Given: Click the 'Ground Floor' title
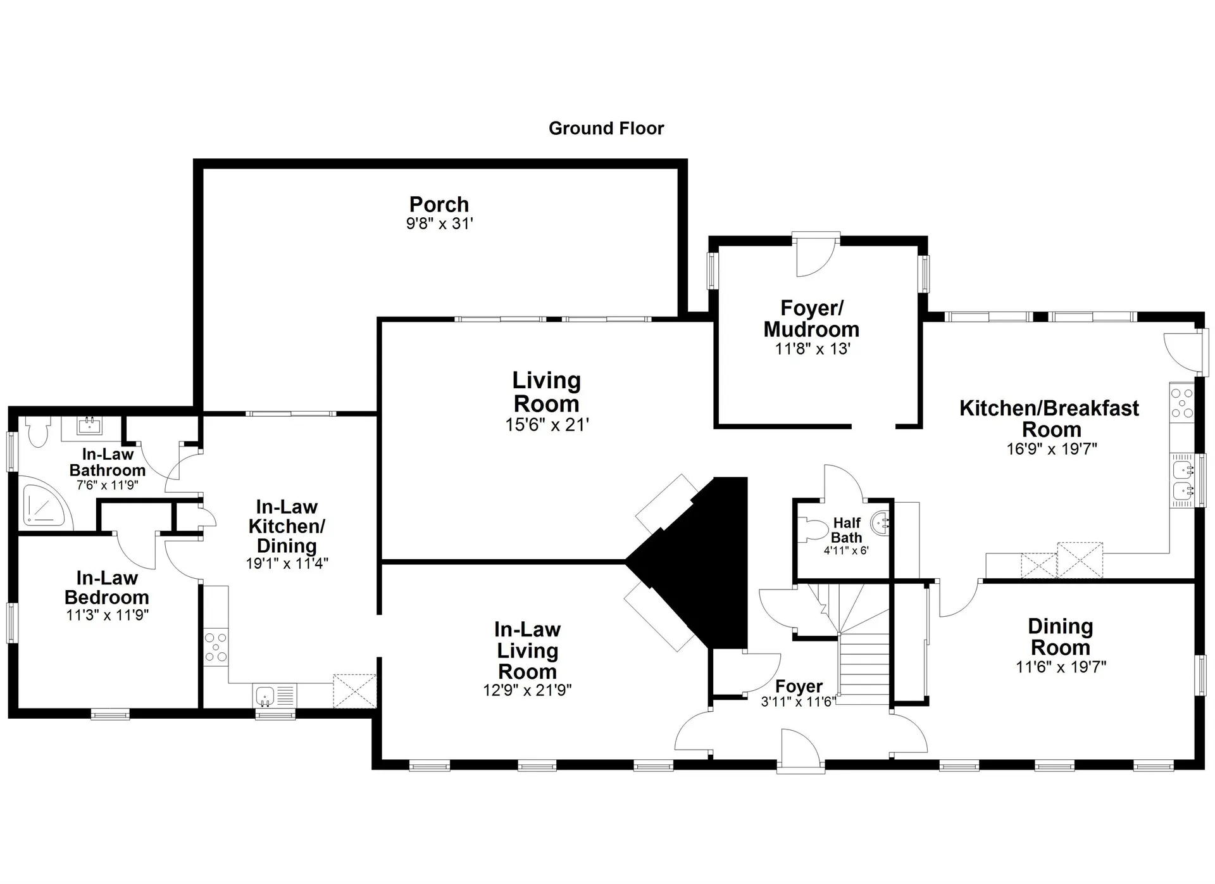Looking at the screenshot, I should (x=606, y=129).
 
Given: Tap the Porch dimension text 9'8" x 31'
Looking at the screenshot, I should (x=439, y=224).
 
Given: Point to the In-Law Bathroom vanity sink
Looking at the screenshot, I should (x=90, y=425).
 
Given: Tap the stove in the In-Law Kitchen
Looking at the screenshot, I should (x=216, y=647).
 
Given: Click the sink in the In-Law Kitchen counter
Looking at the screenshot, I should (x=265, y=695).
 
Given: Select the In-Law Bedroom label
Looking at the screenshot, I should (x=107, y=588).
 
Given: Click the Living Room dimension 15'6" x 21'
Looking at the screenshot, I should (x=547, y=425).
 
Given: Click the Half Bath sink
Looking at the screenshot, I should (x=881, y=523).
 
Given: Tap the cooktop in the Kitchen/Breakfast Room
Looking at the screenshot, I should (x=1181, y=403).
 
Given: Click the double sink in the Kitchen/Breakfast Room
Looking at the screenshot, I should (x=1181, y=480).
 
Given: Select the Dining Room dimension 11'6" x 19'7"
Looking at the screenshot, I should (x=1061, y=667).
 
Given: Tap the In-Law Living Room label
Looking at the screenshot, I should (x=527, y=650).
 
